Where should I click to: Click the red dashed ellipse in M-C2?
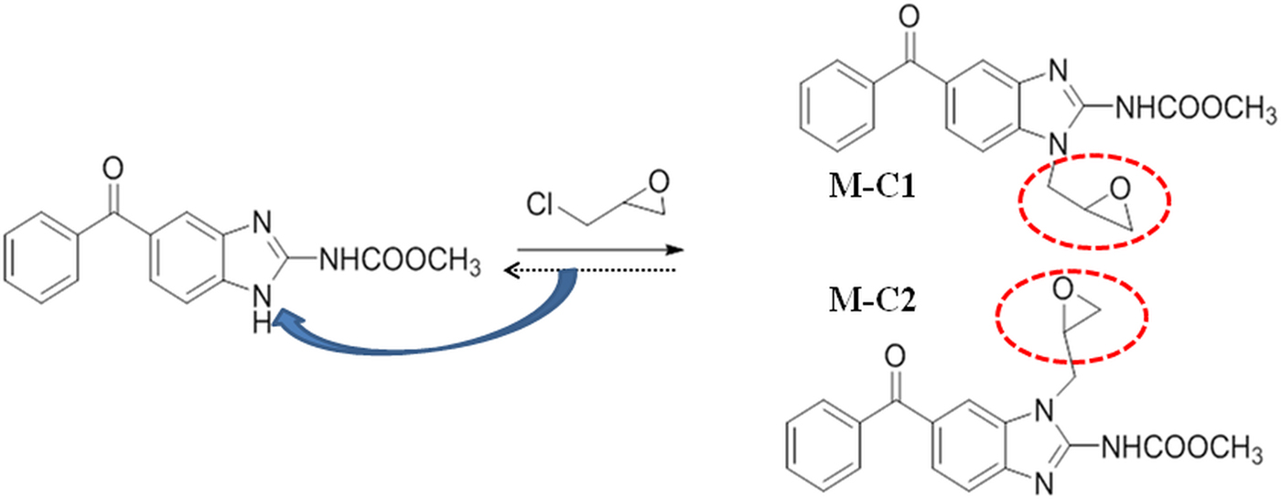coord(1071,315)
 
